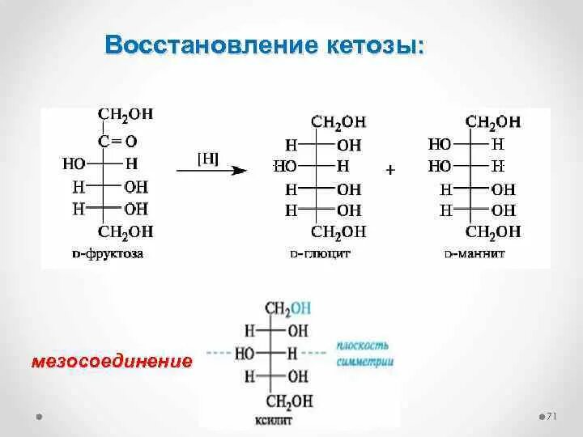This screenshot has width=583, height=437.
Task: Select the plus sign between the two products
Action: coord(390,171)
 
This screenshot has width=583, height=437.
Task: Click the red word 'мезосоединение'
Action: coord(112,360)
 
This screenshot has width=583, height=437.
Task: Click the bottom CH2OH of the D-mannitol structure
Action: coord(493,232)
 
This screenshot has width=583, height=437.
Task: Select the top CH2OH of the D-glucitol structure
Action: coord(338,122)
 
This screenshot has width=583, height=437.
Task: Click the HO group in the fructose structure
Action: coord(74,164)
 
